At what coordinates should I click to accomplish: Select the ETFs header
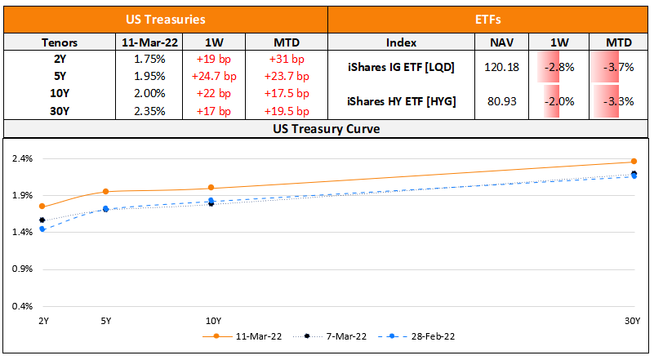point(489,18)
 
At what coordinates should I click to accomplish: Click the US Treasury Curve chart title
point(327,129)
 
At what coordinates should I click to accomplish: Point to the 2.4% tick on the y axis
point(21,158)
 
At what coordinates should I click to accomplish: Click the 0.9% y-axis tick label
point(21,269)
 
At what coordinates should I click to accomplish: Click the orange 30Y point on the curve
point(634,162)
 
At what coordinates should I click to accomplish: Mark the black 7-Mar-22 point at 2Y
point(42,220)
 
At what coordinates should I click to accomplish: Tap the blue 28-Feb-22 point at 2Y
point(42,229)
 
